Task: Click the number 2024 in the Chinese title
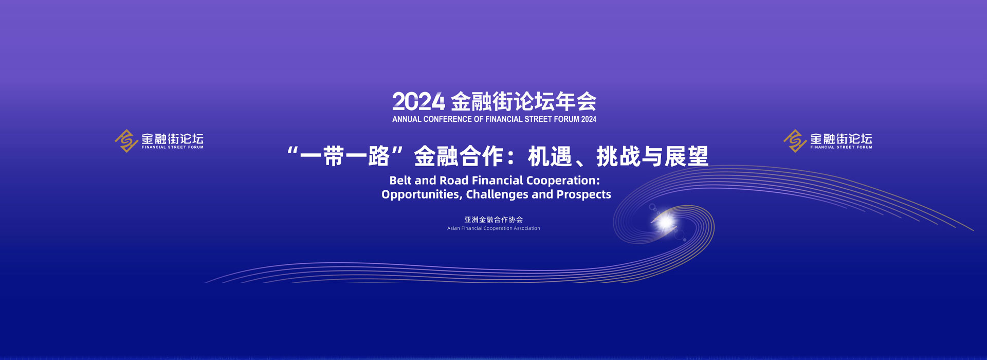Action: click(418, 102)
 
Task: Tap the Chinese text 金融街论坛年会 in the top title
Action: click(524, 102)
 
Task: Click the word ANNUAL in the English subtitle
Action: click(407, 119)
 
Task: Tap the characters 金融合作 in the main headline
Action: click(459, 156)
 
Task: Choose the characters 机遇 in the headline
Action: click(550, 156)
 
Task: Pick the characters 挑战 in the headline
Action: click(618, 156)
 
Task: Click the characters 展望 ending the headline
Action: click(686, 156)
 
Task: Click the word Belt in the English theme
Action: click(400, 181)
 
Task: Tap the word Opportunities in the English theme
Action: click(421, 195)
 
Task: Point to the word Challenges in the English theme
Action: click(497, 195)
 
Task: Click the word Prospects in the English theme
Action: click(584, 195)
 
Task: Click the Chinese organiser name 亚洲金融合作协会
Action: click(493, 220)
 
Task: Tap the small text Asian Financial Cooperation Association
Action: click(493, 228)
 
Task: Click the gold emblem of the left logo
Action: click(126, 141)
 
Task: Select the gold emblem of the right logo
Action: click(795, 141)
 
